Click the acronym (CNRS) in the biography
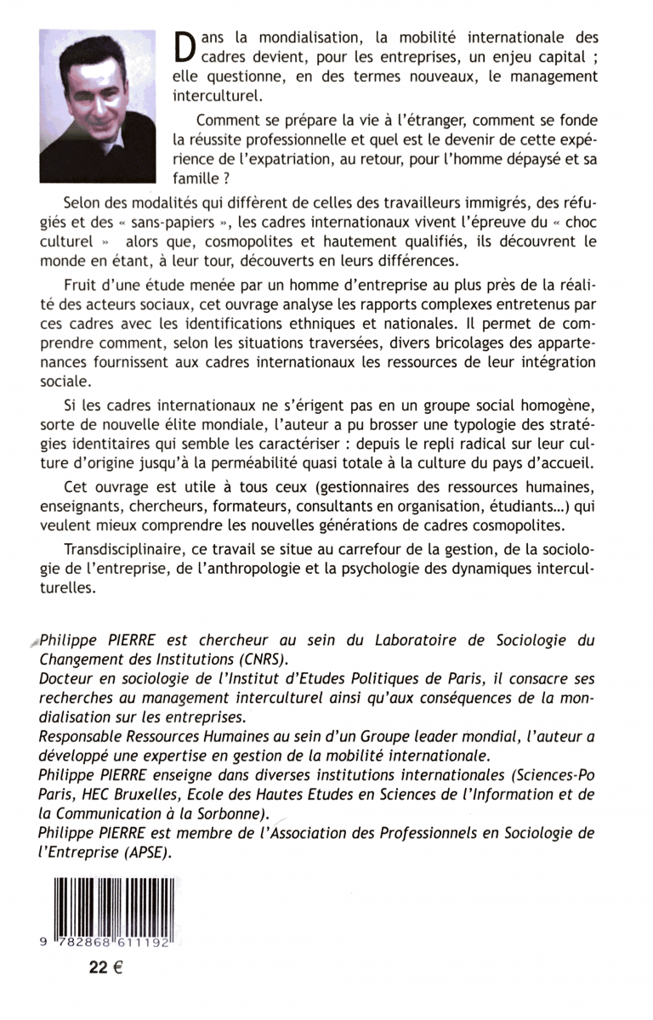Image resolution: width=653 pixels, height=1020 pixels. tap(259, 660)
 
